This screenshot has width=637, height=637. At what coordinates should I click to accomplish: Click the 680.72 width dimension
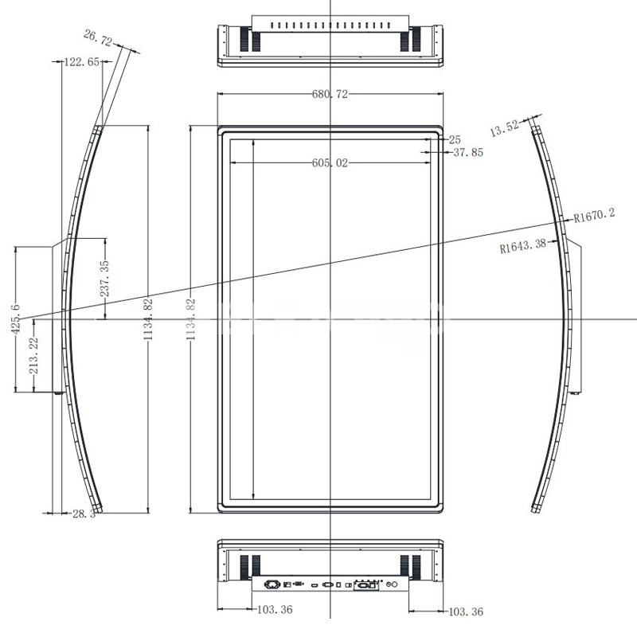click(x=330, y=94)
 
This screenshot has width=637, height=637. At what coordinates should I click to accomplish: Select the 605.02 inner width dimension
click(x=330, y=163)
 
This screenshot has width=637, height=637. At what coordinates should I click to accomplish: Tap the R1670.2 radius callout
click(x=594, y=215)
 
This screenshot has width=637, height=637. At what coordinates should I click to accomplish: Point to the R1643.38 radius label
click(x=523, y=245)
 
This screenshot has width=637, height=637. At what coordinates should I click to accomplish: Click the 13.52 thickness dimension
click(x=505, y=128)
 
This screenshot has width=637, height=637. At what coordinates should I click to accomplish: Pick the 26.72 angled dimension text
click(x=98, y=37)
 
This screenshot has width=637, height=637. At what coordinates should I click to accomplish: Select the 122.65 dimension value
click(x=82, y=62)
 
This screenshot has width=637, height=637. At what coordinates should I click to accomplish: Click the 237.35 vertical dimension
click(x=105, y=279)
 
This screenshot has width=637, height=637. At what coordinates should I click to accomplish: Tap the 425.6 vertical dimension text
click(x=15, y=319)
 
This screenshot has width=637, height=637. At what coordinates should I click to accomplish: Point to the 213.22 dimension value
click(x=33, y=356)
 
